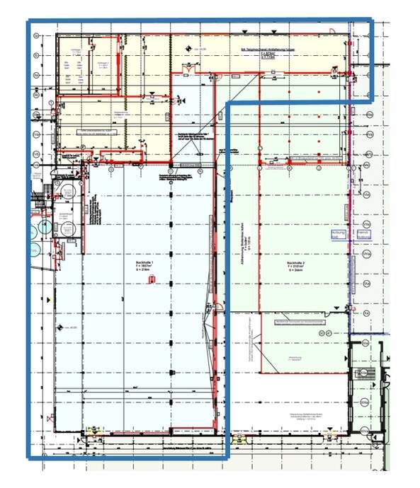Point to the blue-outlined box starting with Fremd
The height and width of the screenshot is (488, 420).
tap(364, 235)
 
